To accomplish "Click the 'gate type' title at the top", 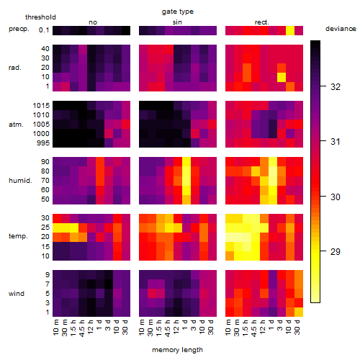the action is coord(178,12).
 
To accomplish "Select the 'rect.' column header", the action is coord(261,22).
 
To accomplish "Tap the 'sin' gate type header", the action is coord(177,22).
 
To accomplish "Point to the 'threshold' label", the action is coord(40,17).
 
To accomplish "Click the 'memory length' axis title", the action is coord(177,350).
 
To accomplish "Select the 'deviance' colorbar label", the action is coord(341,29).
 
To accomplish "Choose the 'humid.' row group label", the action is coord(20,181).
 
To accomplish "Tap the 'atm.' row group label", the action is coord(16,125).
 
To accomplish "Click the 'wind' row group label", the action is coord(17,294).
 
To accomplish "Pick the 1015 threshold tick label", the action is coord(41,106).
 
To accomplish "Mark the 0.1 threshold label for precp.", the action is coord(44,30).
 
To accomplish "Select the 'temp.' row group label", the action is coord(18,236).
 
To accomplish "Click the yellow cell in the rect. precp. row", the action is coord(290,30).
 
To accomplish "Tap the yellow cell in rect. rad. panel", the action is coord(282,77).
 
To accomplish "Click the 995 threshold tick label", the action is coord(43,143).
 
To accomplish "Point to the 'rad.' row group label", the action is coord(15,68).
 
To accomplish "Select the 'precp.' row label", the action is coord(19,30).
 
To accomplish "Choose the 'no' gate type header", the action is coord(93,22).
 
